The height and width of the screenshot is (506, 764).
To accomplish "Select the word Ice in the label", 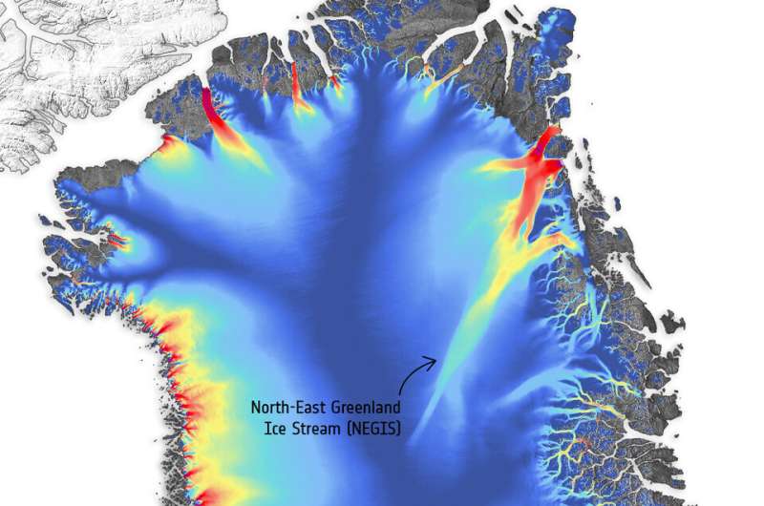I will pos(277,429).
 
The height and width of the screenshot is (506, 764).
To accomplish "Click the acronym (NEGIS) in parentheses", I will pos(376,429).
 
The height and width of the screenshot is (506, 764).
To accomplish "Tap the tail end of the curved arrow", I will pos(400,393).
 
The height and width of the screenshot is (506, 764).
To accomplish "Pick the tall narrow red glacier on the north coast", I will pos(296,84).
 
